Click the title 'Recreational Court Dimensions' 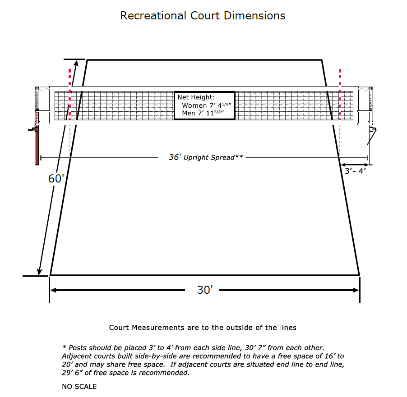coord(203,16)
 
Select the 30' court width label coord(204,290)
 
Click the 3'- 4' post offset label coord(354,171)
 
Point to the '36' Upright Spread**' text coord(206,158)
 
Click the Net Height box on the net coord(204,105)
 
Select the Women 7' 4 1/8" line coord(207,105)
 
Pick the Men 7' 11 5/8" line coord(207,113)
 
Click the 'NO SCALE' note coord(79,386)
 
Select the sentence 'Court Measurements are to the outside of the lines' coord(203,328)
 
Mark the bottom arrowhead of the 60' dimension coord(40,271)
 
